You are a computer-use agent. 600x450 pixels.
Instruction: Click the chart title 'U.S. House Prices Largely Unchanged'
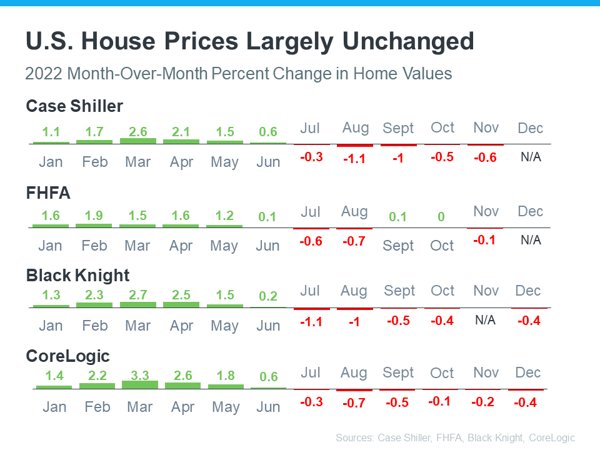click(249, 42)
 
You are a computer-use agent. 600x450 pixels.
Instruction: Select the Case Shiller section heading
click(74, 106)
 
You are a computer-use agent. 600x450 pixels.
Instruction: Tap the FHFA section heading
click(48, 193)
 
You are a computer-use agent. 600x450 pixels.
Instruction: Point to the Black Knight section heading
click(77, 276)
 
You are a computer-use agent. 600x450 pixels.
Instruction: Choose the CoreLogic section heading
click(67, 356)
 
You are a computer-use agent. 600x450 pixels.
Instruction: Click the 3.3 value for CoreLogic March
click(139, 375)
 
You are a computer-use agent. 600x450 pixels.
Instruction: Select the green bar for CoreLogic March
click(140, 384)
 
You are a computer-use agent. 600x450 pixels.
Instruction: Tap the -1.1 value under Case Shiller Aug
click(354, 159)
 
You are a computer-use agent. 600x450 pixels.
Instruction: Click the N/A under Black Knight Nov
click(485, 320)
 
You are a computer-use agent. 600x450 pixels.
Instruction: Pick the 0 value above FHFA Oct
click(441, 217)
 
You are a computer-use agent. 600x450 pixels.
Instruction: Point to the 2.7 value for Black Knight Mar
click(137, 295)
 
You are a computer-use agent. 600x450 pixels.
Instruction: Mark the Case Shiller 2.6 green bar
click(138, 141)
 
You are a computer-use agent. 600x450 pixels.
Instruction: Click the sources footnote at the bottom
click(455, 437)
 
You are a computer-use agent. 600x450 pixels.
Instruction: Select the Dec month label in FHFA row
click(530, 211)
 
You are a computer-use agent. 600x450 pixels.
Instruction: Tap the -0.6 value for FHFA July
click(311, 241)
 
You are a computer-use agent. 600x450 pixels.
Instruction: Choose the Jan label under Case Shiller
click(51, 162)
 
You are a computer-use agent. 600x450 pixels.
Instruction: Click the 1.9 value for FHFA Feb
click(94, 216)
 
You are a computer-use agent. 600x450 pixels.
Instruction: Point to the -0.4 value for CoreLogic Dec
click(525, 403)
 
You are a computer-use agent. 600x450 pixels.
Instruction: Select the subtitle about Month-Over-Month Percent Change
click(238, 74)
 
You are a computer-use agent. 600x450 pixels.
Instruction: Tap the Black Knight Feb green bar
click(94, 305)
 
